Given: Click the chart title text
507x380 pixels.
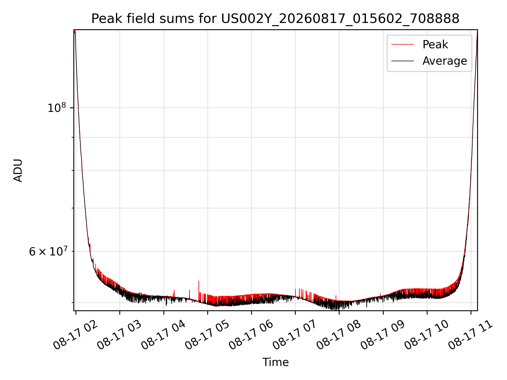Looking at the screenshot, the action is click(275, 19).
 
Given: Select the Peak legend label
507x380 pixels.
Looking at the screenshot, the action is click(435, 45).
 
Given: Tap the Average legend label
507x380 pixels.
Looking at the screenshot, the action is click(445, 61).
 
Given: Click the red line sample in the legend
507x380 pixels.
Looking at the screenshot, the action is click(402, 45).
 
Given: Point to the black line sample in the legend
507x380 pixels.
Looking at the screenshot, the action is click(402, 61).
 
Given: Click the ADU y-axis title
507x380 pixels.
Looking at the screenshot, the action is click(18, 170).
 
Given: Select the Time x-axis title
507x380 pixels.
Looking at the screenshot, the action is click(275, 362).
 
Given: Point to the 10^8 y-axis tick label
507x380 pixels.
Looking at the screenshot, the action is click(57, 108).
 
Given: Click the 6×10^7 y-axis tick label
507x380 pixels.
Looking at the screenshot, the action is click(48, 251).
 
